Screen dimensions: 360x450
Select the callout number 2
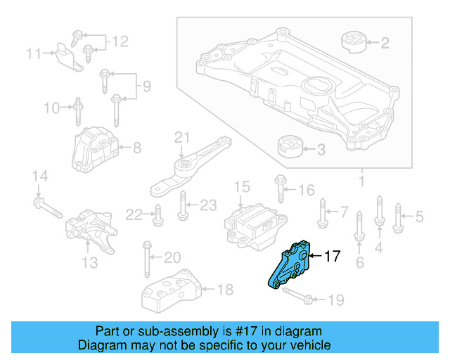pyautogui.click(x=385, y=43)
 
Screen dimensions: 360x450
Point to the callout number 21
pyautogui.click(x=182, y=136)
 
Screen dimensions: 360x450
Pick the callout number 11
pyautogui.click(x=34, y=52)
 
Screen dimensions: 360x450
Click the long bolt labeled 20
pyautogui.click(x=148, y=261)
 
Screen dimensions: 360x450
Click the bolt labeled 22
pyautogui.click(x=157, y=212)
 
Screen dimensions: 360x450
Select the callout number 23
pyautogui.click(x=207, y=205)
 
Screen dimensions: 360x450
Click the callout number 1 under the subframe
pyautogui.click(x=362, y=182)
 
